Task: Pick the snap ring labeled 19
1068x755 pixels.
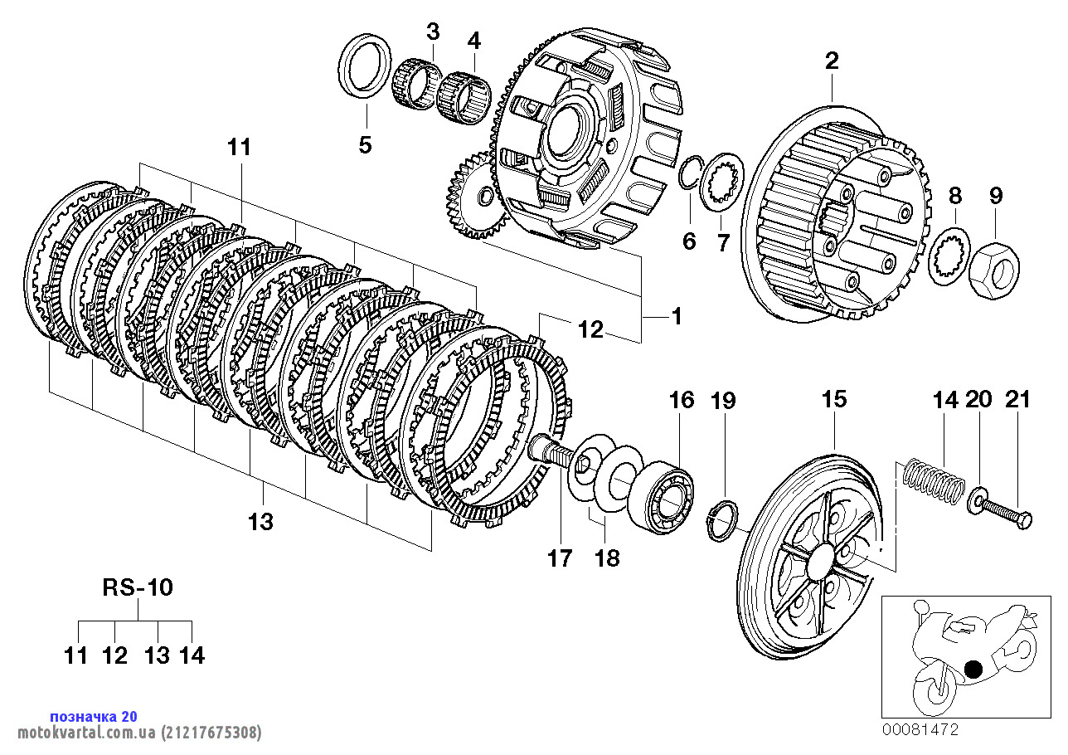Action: pyautogui.click(x=724, y=524)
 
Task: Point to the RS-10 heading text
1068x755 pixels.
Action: pyautogui.click(x=138, y=588)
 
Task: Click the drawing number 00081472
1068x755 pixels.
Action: pyautogui.click(x=920, y=730)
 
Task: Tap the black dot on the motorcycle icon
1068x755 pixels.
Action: pyautogui.click(x=973, y=668)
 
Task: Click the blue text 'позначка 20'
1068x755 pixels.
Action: pyautogui.click(x=94, y=716)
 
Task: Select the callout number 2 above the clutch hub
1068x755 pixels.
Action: pyautogui.click(x=832, y=61)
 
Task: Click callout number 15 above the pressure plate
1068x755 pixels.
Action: pyautogui.click(x=834, y=399)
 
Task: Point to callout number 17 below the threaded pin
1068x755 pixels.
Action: pyautogui.click(x=560, y=558)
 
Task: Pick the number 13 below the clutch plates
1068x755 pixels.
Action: pyautogui.click(x=260, y=522)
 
